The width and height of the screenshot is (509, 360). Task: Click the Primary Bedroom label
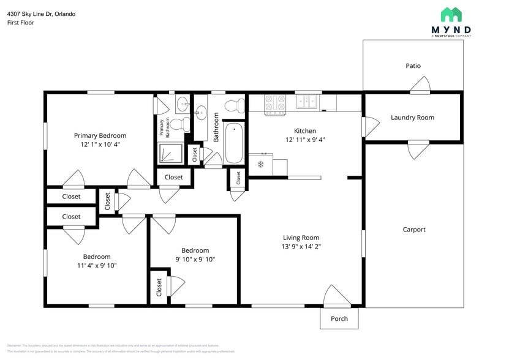(100, 135)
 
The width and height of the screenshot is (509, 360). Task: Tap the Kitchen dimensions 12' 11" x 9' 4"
(304, 140)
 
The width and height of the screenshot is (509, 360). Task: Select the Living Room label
(301, 238)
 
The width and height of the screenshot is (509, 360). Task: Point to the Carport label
(414, 230)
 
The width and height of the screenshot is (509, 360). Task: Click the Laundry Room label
(412, 118)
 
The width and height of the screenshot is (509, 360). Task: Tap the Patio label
(413, 66)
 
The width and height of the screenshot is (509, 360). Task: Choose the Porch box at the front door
(339, 318)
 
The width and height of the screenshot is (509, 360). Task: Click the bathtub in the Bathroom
(234, 143)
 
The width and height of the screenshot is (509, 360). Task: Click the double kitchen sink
(307, 102)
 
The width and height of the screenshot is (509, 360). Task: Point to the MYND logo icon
(451, 14)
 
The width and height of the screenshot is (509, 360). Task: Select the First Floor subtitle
(21, 23)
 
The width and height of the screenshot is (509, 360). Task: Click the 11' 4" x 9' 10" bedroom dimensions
(97, 266)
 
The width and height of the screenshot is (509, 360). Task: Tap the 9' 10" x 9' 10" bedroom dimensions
(195, 260)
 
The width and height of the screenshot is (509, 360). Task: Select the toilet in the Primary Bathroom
(179, 125)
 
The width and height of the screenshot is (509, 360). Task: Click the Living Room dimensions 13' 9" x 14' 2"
(301, 247)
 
